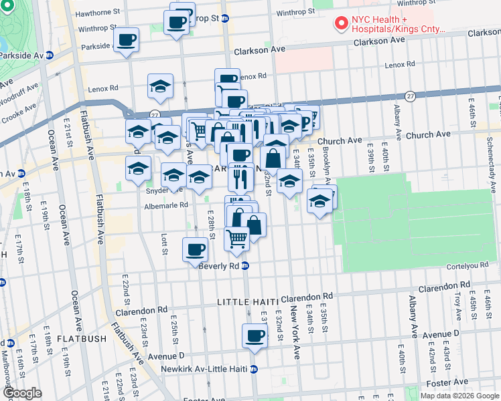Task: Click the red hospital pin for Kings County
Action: point(342,23)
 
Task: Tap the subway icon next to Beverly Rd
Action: point(245,265)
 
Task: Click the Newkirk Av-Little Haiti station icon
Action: point(254,369)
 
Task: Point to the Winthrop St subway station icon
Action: point(226,18)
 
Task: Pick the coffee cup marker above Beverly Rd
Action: point(195,249)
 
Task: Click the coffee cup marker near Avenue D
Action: point(254,336)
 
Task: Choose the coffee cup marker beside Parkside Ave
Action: point(126,40)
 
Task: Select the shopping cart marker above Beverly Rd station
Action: point(236,237)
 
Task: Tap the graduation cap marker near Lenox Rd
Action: point(161,86)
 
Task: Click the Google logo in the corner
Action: point(21,393)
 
